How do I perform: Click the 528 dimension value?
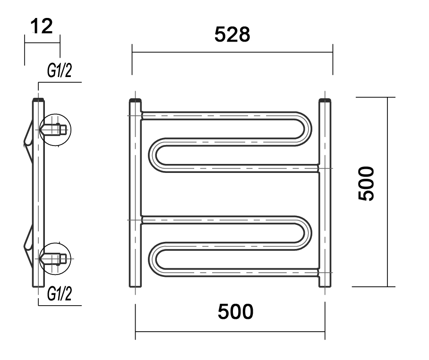pyautogui.click(x=232, y=35)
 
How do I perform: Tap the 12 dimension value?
pyautogui.click(x=42, y=26)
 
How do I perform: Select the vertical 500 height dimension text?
pyautogui.click(x=366, y=184)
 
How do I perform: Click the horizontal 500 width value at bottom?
pyautogui.click(x=236, y=312)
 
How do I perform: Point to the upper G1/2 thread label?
pyautogui.click(x=60, y=70)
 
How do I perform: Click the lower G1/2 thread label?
pyautogui.click(x=60, y=293)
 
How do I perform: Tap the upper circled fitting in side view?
pyautogui.click(x=56, y=129)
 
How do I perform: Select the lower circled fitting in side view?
pyautogui.click(x=56, y=258)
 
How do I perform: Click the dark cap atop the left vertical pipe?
pyautogui.click(x=135, y=101)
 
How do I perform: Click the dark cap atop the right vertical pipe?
pyautogui.click(x=325, y=101)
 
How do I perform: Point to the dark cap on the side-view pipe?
pyautogui.click(x=38, y=100)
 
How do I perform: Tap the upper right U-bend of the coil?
pyautogui.click(x=304, y=129)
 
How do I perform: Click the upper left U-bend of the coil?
pyautogui.click(x=155, y=155)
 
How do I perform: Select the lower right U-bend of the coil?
pyautogui.click(x=304, y=233)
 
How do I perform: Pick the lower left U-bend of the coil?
pyautogui.click(x=155, y=259)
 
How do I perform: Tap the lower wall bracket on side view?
pyautogui.click(x=29, y=241)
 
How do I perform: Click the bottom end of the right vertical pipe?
pyautogui.click(x=325, y=286)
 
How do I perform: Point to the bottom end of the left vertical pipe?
pyautogui.click(x=135, y=286)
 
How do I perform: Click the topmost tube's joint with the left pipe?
pyautogui.click(x=142, y=115)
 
